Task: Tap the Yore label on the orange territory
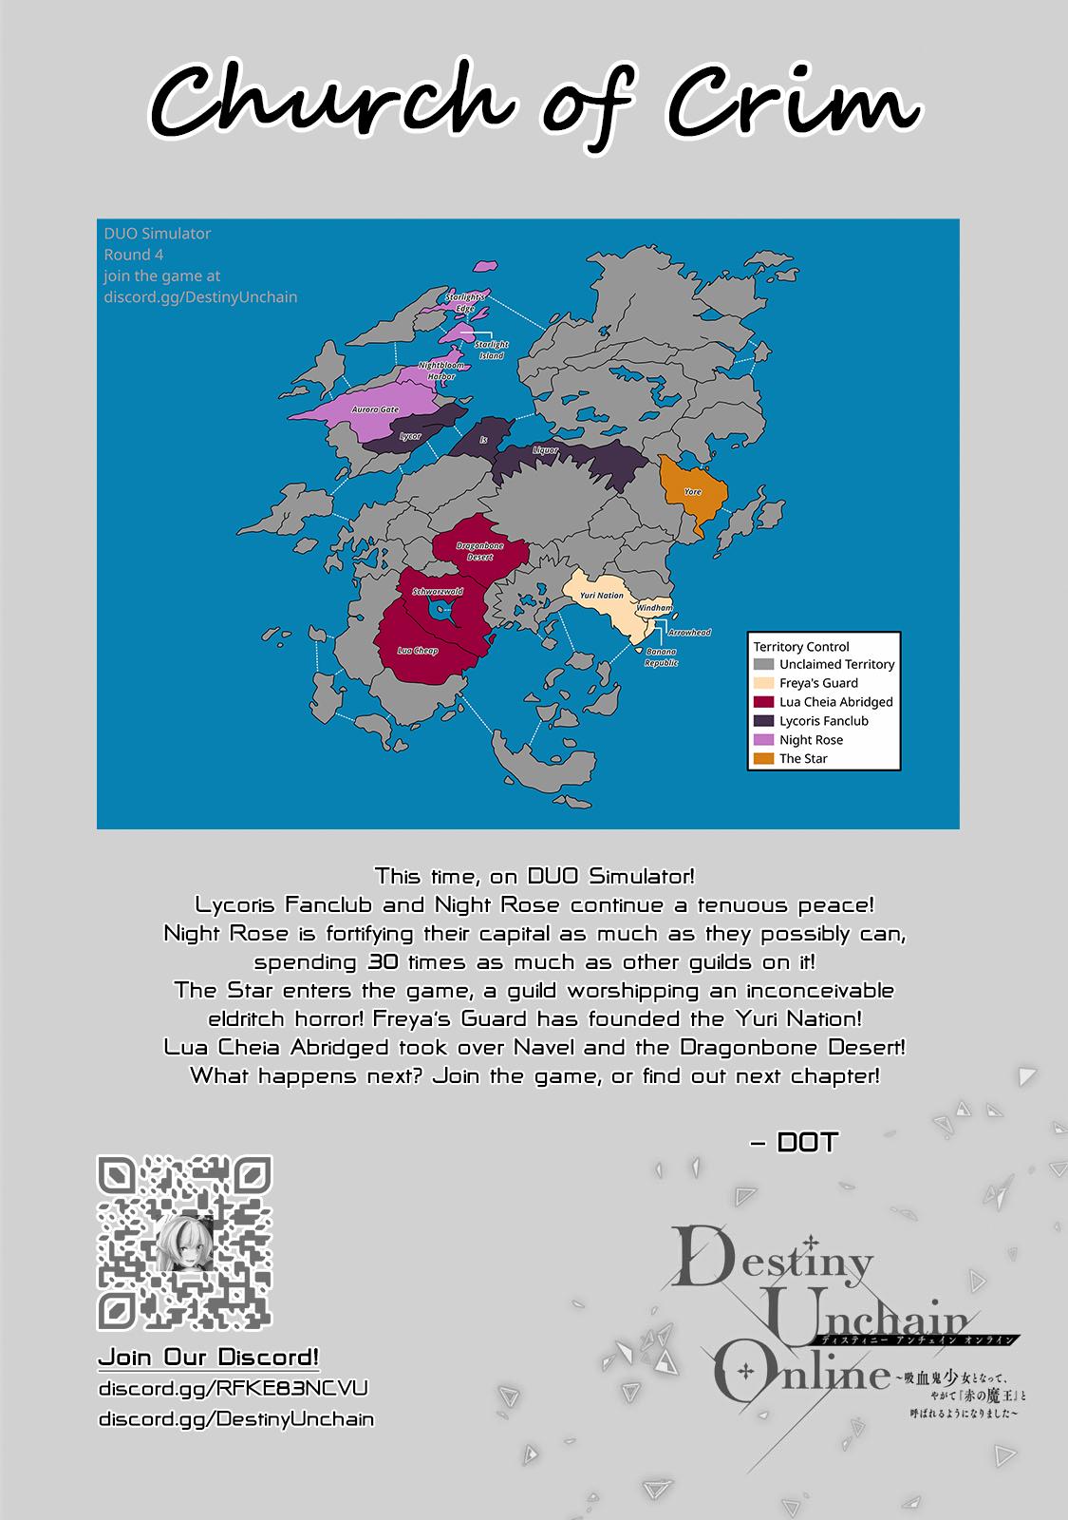693,492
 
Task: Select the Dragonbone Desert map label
479,551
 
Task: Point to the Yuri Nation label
602,596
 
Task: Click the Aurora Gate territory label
375,409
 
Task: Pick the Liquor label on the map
546,449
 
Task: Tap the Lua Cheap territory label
418,651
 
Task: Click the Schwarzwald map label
438,592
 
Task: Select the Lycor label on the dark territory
409,436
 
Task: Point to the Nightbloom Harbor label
441,370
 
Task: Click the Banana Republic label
661,657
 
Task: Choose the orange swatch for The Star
763,758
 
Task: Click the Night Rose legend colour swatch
763,739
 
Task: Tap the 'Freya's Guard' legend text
818,683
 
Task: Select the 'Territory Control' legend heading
801,646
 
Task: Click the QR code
185,1242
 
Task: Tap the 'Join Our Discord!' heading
209,1357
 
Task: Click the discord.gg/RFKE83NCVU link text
233,1388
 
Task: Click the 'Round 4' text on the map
134,255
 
